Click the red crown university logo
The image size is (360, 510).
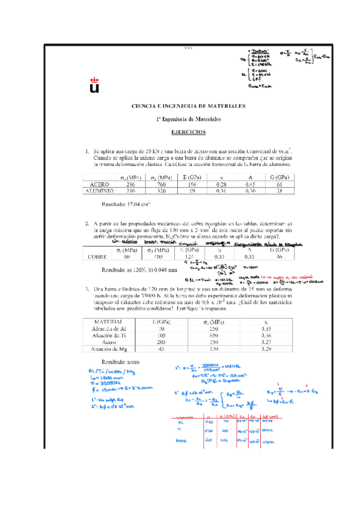(x=94, y=84)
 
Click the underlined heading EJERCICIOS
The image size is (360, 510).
(x=189, y=131)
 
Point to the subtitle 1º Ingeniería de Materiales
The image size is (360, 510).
(x=189, y=118)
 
